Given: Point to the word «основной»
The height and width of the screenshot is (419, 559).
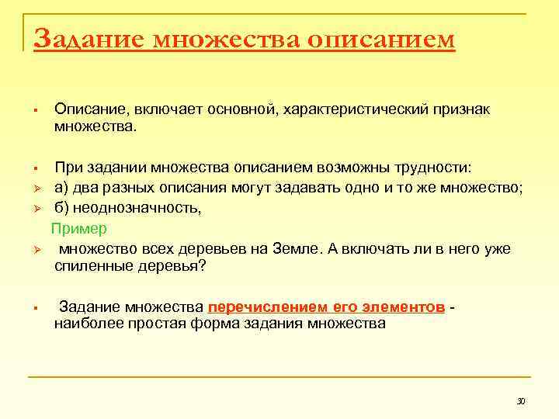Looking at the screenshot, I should tap(237, 110).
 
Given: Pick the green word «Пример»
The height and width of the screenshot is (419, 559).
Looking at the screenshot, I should tap(79, 229).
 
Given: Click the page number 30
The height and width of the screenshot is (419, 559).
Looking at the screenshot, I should tap(521, 400).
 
